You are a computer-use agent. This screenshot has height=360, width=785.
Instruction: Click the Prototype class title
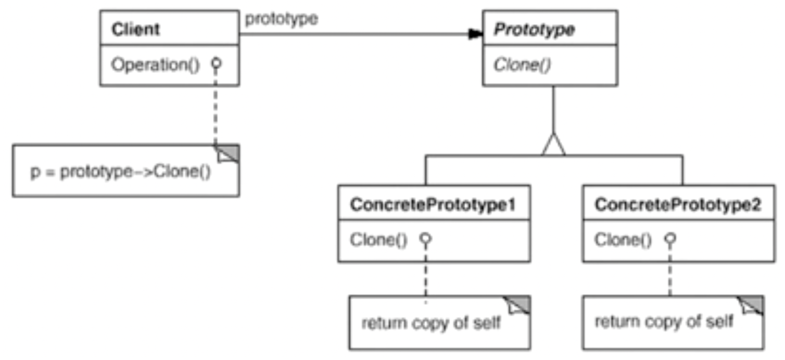click(534, 30)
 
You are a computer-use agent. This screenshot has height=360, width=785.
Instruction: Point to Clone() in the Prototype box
click(522, 65)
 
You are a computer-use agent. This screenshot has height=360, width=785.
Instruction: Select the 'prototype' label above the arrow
click(281, 19)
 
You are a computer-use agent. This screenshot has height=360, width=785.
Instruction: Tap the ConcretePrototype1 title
click(433, 204)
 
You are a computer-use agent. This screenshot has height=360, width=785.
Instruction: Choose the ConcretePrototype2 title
click(678, 204)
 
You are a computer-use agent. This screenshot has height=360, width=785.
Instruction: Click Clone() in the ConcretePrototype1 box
click(378, 240)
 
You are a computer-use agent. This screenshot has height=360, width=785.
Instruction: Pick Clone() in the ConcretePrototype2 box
click(623, 240)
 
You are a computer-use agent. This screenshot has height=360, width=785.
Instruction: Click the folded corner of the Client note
click(228, 153)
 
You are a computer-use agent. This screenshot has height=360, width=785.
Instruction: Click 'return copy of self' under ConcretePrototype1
click(431, 323)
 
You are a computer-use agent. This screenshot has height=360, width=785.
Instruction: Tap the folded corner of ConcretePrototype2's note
click(752, 305)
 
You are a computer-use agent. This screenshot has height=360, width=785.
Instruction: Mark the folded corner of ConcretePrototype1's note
click(519, 305)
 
